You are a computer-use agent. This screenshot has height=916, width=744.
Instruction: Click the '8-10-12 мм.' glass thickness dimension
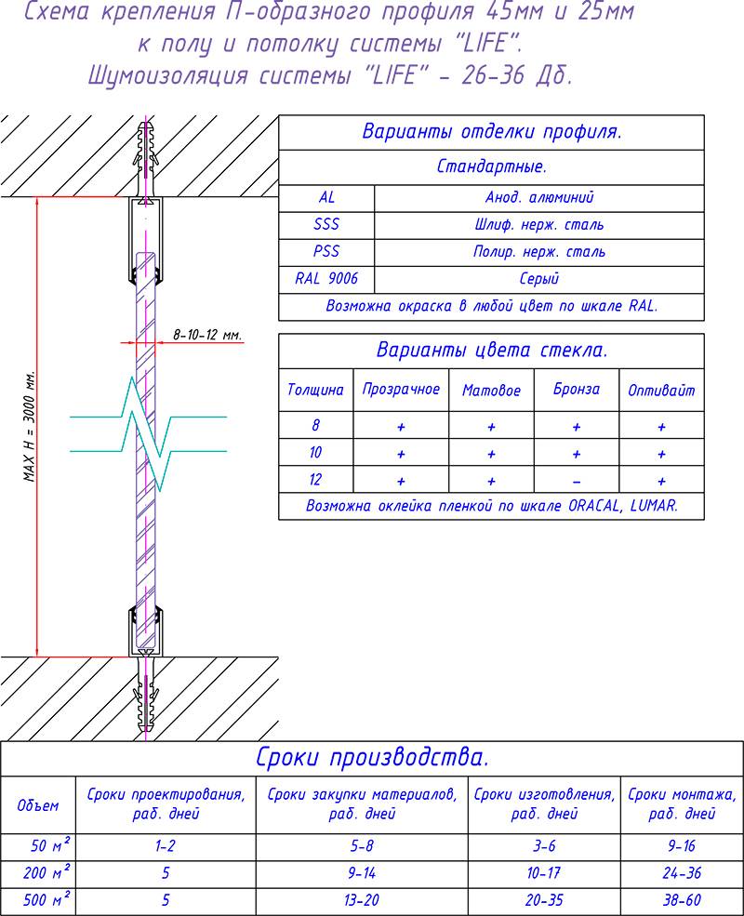pyautogui.click(x=207, y=334)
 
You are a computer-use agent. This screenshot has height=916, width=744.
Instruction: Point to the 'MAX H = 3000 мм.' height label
pyautogui.click(x=29, y=424)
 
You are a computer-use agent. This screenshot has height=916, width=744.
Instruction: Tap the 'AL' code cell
pyautogui.click(x=326, y=198)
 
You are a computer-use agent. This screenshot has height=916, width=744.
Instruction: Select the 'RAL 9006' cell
pyautogui.click(x=326, y=278)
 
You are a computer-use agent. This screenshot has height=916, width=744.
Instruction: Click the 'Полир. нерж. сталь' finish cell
pyautogui.click(x=538, y=251)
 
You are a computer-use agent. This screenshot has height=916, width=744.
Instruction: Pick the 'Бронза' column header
pyautogui.click(x=576, y=390)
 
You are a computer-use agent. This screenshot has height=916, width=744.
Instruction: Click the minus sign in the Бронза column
pyautogui.click(x=577, y=481)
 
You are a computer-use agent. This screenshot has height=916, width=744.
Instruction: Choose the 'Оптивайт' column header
pyautogui.click(x=661, y=391)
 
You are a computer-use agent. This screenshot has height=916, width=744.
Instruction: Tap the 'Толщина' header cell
pyautogui.click(x=315, y=391)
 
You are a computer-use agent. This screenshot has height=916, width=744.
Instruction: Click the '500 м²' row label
pyautogui.click(x=38, y=900)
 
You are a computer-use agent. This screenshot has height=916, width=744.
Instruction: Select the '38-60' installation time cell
pyautogui.click(x=682, y=900)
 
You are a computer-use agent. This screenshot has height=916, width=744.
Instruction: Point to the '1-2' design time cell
pyautogui.click(x=166, y=846)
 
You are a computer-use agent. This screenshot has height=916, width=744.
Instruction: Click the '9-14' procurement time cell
pyautogui.click(x=362, y=873)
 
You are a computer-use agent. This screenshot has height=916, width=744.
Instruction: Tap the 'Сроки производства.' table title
pyautogui.click(x=372, y=757)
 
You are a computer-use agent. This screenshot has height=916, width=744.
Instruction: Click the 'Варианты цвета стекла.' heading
pyautogui.click(x=491, y=351)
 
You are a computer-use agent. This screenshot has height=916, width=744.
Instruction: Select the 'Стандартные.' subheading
pyautogui.click(x=491, y=167)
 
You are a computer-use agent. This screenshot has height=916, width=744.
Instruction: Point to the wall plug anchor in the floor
pyautogui.click(x=145, y=699)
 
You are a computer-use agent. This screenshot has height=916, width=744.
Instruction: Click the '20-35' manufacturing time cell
pyautogui.click(x=544, y=900)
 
